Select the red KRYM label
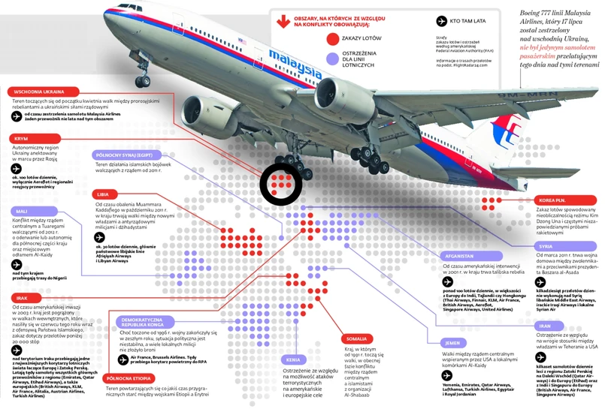click(x=20, y=138)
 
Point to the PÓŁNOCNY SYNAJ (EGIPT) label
click(x=126, y=155)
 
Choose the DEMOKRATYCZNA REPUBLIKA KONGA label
click(x=138, y=324)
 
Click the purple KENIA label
click(x=293, y=359)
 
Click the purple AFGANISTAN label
click(x=464, y=255)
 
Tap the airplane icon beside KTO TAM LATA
click(x=441, y=23)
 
